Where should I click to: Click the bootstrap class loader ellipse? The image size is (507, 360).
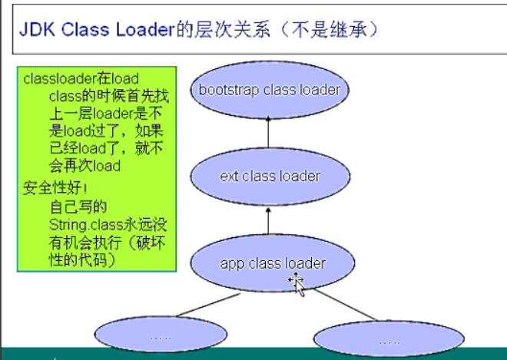tap(270, 90)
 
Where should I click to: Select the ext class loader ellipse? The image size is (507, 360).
tap(270, 177)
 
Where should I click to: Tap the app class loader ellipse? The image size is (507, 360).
tap(273, 263)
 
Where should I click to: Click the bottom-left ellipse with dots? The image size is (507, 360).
tap(161, 335)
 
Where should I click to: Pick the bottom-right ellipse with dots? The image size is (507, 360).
tap(389, 339)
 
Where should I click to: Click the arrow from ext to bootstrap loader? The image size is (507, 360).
tap(268, 132)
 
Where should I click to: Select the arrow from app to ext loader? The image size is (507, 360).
tap(268, 221)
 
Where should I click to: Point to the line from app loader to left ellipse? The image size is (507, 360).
tap(208, 305)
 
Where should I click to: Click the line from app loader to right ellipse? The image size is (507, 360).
tap(345, 305)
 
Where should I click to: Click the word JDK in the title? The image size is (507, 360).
tap(38, 30)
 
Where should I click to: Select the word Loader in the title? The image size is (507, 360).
tap(145, 30)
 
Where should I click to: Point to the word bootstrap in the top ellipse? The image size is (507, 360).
tap(229, 90)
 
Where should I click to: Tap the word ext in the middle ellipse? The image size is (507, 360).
tap(229, 177)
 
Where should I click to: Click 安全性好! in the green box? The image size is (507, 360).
tap(55, 188)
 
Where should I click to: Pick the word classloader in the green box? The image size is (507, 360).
tap(58, 79)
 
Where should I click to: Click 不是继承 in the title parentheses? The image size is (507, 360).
tap(330, 30)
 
